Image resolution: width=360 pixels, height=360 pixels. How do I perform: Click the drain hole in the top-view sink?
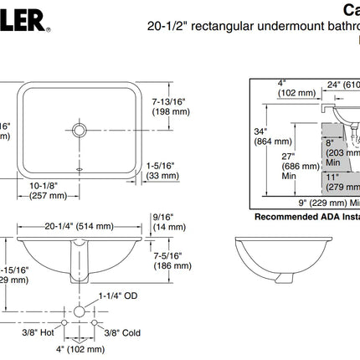80,131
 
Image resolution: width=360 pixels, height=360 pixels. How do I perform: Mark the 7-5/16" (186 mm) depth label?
172,260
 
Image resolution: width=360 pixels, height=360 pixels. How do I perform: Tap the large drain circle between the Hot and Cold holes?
80,311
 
